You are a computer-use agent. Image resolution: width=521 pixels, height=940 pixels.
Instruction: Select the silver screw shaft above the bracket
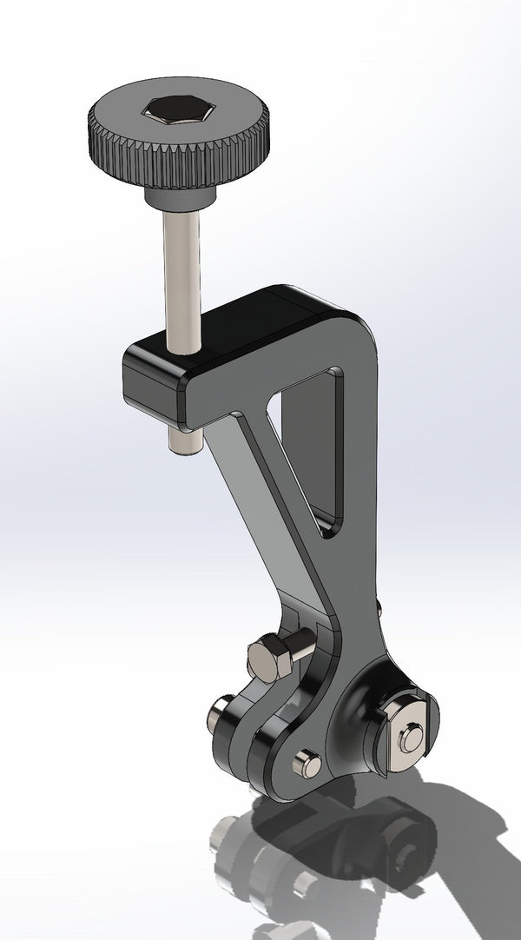click(181, 278)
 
